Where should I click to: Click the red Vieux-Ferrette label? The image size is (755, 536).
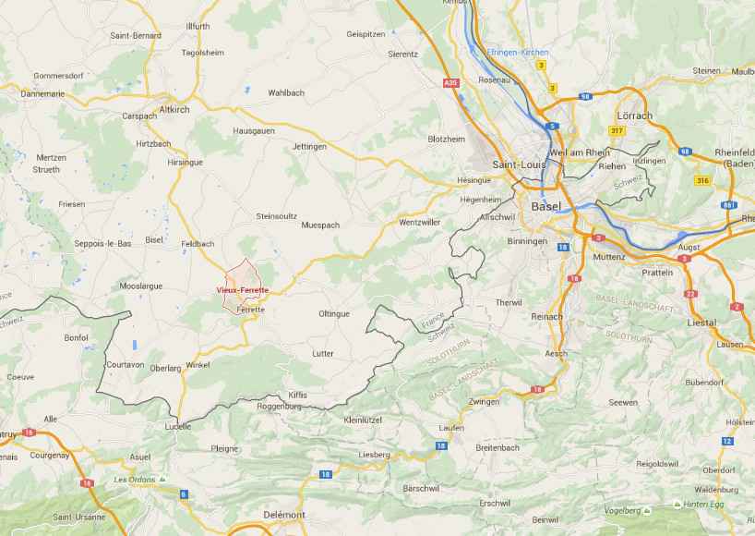[x=242, y=290]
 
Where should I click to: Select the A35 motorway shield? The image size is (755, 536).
[x=450, y=83]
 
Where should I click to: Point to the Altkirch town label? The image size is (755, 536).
[x=174, y=109]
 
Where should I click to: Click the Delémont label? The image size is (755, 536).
[x=283, y=514]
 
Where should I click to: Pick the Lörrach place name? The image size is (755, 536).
[x=633, y=116]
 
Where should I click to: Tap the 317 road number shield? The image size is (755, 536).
[x=617, y=130]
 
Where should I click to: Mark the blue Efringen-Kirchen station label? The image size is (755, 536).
[x=517, y=52]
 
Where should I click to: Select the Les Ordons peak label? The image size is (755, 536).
[x=133, y=480]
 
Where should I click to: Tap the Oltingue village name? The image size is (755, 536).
[x=333, y=313]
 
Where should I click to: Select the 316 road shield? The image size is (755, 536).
[x=704, y=180]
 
